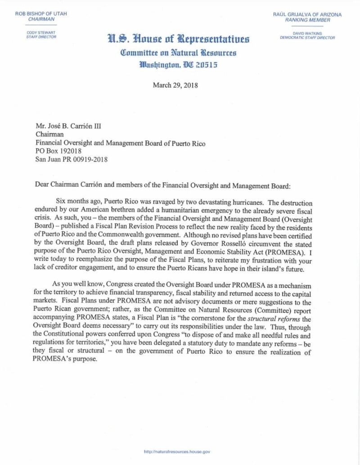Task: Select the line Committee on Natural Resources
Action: pyautogui.click(x=178, y=53)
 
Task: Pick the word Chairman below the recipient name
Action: pyautogui.click(x=48, y=136)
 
